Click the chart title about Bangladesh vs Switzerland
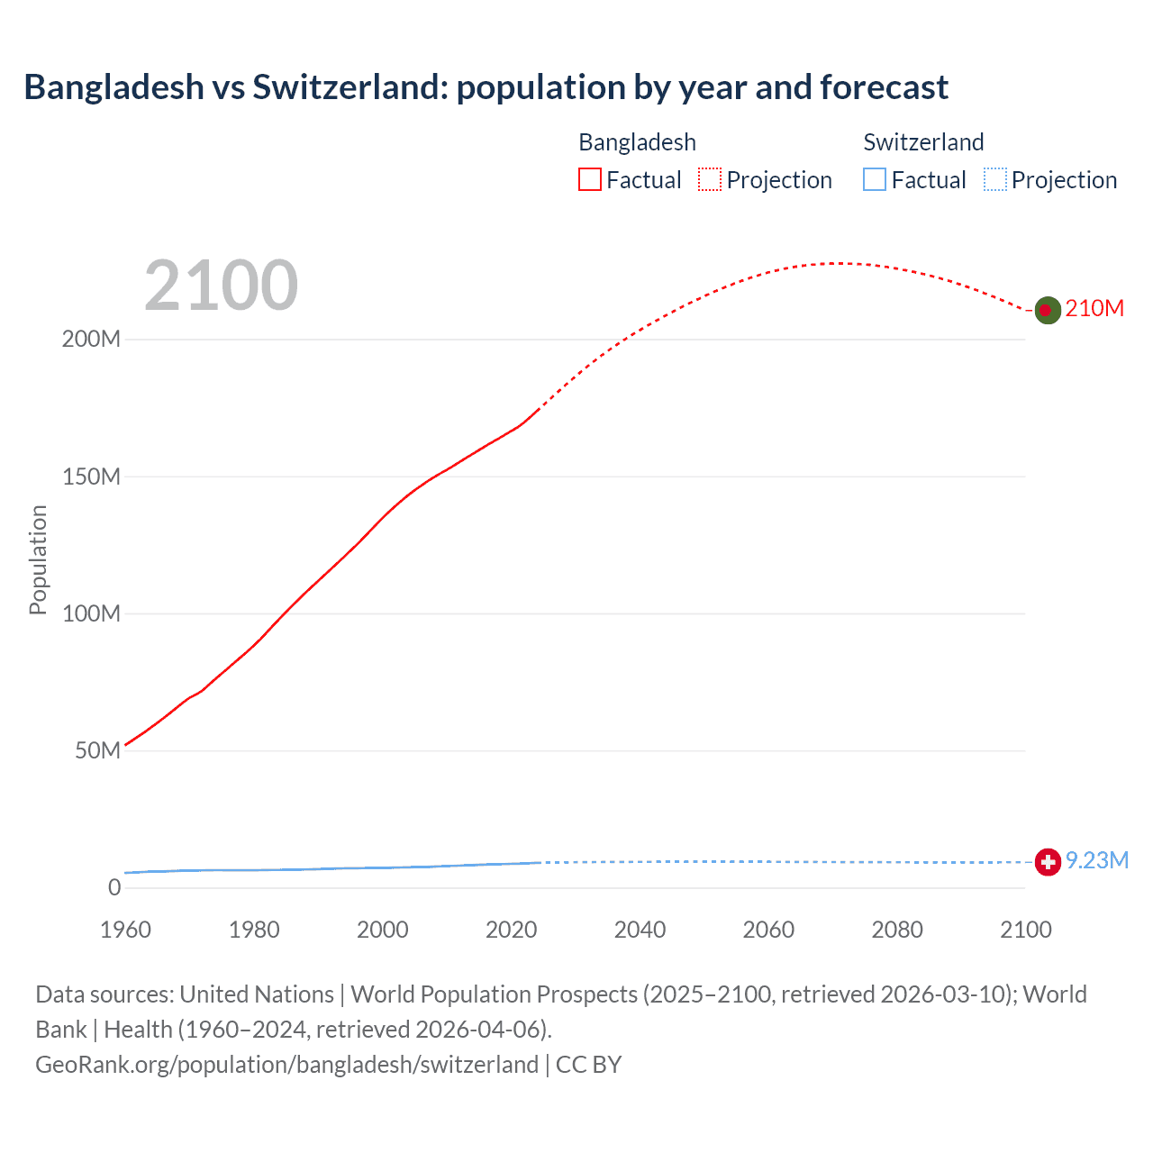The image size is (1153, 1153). (486, 87)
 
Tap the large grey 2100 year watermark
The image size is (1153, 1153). (221, 285)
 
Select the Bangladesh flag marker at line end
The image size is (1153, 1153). (1046, 310)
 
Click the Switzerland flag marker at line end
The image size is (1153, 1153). (1047, 862)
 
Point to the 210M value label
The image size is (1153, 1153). (1094, 308)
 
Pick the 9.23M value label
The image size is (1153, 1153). (1097, 860)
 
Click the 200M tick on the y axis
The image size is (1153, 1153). (91, 340)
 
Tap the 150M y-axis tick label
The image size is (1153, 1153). (91, 477)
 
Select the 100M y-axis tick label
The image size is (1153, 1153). (91, 613)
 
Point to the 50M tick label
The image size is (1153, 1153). (97, 750)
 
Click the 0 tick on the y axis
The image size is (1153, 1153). (114, 887)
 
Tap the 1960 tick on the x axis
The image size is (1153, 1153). (125, 930)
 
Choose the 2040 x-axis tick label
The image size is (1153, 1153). (640, 930)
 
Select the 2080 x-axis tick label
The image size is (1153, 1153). (897, 930)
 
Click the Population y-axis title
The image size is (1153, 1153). (38, 559)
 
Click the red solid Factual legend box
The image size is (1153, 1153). (589, 180)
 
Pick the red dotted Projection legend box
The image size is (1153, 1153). (710, 180)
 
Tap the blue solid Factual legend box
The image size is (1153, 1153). (875, 180)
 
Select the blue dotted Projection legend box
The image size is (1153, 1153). (995, 180)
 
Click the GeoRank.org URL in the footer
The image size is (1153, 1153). (286, 1065)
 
